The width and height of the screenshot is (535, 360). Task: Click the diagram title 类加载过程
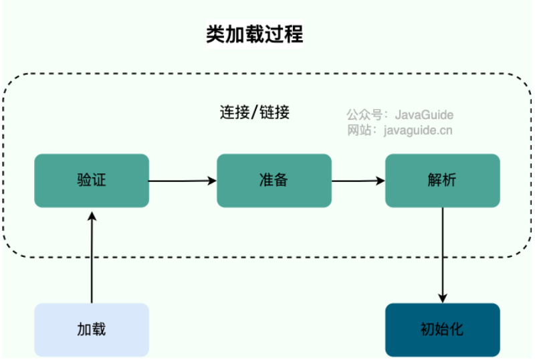[255, 34]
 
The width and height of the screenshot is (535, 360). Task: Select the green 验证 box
[92, 181]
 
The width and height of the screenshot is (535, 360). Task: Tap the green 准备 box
[274, 181]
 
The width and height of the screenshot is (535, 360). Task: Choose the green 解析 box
[443, 181]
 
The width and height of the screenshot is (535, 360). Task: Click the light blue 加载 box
[92, 330]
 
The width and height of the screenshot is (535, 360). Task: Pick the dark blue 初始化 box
[443, 330]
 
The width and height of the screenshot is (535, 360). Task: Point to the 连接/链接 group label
[255, 112]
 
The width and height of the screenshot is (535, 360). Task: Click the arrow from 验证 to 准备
[183, 181]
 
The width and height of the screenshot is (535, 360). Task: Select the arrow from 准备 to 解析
[358, 181]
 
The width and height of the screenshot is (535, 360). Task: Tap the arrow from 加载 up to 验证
[92, 258]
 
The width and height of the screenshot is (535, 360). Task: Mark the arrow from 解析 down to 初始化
[443, 255]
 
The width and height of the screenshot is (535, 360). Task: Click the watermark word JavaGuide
[424, 115]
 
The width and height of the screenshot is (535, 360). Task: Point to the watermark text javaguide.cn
[418, 130]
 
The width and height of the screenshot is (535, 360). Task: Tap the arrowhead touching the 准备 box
[212, 181]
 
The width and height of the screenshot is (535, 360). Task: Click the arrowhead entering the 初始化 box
[443, 298]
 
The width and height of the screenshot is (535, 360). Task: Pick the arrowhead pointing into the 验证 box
[92, 216]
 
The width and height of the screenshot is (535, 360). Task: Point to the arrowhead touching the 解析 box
[381, 181]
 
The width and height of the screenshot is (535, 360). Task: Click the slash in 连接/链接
[254, 112]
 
